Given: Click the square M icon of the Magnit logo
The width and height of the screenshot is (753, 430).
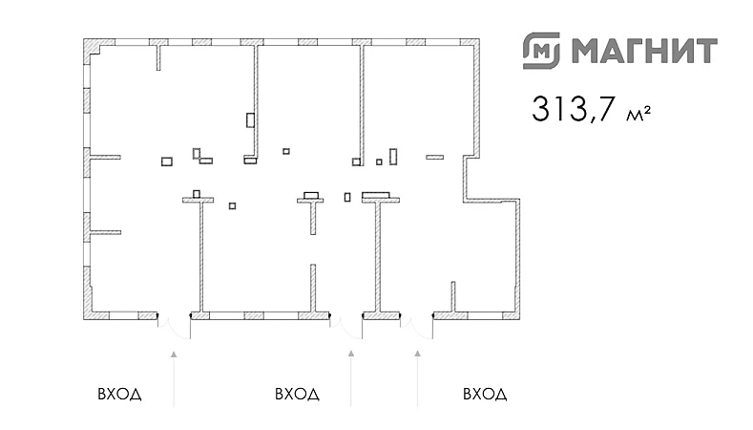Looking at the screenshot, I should [540, 49].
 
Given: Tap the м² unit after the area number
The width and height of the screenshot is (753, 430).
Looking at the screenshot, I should [638, 116].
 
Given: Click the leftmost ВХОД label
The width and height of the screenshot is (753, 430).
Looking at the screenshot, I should [120, 394].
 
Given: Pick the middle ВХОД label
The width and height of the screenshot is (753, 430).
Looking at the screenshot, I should [296, 394].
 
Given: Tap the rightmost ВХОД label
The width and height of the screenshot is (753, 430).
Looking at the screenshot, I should [484, 394].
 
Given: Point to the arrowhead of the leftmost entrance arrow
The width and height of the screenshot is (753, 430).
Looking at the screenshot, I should [174, 354].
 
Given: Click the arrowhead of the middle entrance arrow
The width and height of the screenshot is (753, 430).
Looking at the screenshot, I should [351, 354].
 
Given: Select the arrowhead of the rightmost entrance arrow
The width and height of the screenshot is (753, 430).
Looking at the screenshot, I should [418, 354].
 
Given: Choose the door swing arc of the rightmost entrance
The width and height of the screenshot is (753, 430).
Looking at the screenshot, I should [417, 328].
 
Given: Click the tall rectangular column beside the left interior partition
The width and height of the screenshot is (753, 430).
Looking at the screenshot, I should [250, 120].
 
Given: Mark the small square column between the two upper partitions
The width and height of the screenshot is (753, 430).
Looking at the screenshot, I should [285, 151].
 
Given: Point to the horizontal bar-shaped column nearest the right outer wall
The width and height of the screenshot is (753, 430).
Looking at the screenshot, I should [435, 156].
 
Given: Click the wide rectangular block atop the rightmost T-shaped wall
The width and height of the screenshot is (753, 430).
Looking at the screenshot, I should [376, 194].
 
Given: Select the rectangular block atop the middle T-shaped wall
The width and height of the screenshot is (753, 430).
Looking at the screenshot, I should [311, 195].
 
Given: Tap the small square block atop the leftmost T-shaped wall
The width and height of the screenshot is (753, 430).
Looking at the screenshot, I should [197, 194].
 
